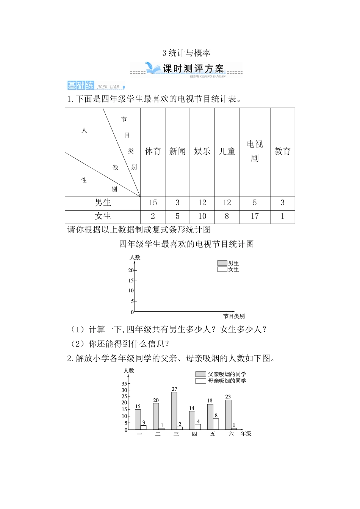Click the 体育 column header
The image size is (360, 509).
(x=153, y=151)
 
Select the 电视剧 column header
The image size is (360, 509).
(x=255, y=151)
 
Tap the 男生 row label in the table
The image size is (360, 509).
(x=103, y=203)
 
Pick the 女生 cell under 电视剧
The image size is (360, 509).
(x=255, y=217)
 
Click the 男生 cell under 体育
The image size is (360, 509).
(x=153, y=203)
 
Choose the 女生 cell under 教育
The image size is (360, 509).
(x=282, y=217)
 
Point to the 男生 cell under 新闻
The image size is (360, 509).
(x=177, y=203)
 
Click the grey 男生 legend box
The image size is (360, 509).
(x=222, y=263)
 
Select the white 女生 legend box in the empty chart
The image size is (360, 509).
(x=222, y=269)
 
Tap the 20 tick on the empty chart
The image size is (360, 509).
(x=131, y=270)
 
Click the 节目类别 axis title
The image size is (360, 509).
(x=234, y=316)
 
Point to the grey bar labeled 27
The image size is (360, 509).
(x=174, y=411)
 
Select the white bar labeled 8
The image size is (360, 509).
(x=216, y=424)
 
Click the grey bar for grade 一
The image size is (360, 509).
(x=138, y=420)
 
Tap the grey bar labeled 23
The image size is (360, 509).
(x=228, y=415)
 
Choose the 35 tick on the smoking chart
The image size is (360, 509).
(x=124, y=384)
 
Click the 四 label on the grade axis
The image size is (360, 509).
(x=194, y=434)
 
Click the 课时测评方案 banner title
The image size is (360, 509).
(x=193, y=69)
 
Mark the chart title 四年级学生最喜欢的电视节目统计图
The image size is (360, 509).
(x=186, y=244)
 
